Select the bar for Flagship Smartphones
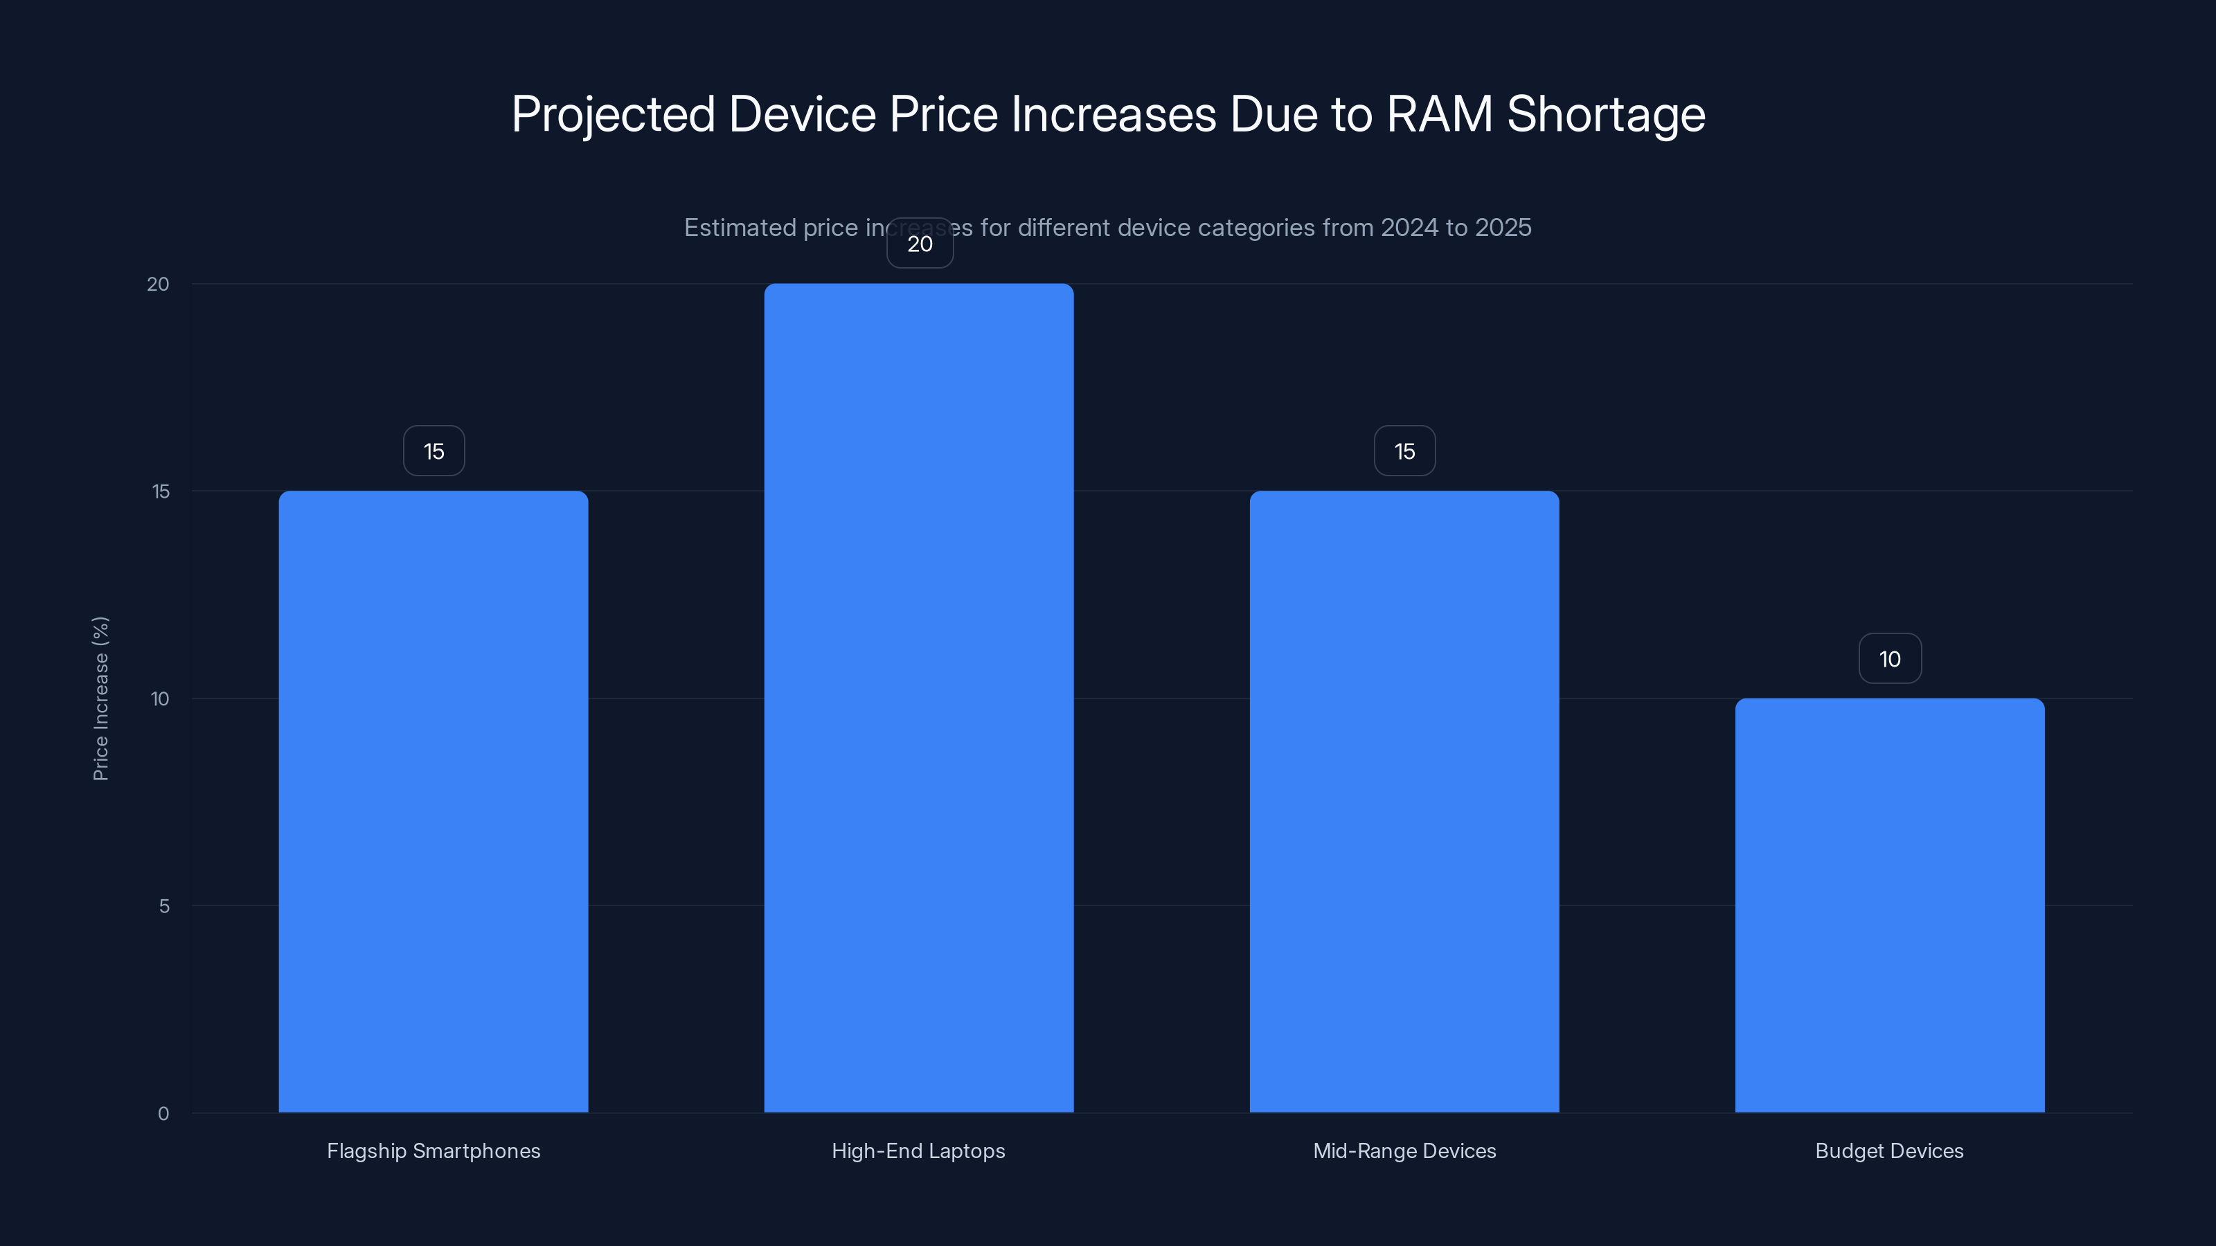click(434, 802)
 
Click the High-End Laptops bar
click(919, 698)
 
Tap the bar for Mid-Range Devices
click(1404, 802)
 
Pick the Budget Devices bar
click(1889, 905)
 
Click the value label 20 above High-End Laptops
click(920, 244)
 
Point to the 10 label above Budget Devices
click(1890, 659)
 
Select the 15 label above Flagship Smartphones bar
click(434, 451)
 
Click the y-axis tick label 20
click(159, 284)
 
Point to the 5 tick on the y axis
click(163, 905)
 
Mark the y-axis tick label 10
click(160, 698)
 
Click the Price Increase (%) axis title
click(100, 698)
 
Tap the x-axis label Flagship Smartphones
click(434, 1150)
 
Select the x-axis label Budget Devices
click(1889, 1150)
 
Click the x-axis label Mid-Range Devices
click(1404, 1150)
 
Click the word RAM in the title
click(1439, 114)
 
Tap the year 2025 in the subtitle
click(1503, 228)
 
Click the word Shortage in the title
click(1605, 114)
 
